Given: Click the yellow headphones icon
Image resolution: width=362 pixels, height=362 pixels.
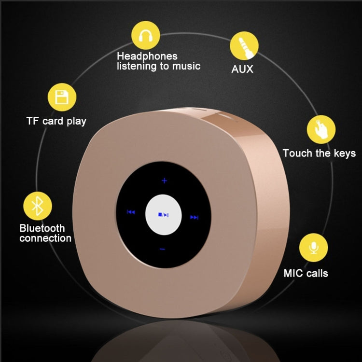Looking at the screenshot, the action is [x=146, y=35].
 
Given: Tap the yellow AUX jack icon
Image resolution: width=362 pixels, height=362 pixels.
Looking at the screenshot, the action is [x=244, y=46].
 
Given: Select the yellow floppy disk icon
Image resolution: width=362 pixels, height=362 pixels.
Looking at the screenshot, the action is [x=62, y=97].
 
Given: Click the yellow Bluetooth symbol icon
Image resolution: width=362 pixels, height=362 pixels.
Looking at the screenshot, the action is [x=38, y=206].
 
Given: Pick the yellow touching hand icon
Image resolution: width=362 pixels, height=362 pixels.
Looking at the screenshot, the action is [x=321, y=129].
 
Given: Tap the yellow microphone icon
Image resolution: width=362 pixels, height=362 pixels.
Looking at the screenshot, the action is [x=314, y=248].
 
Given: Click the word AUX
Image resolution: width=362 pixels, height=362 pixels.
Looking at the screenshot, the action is [x=242, y=69].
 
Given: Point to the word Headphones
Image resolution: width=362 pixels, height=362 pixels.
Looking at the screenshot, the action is [x=147, y=56].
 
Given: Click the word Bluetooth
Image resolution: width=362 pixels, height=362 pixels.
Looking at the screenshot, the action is [x=42, y=228].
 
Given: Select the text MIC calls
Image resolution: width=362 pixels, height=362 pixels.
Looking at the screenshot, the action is [x=306, y=273].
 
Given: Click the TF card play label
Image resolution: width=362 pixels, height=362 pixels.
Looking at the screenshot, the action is [x=56, y=121].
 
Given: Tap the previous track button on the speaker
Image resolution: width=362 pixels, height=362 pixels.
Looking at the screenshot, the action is [x=131, y=212].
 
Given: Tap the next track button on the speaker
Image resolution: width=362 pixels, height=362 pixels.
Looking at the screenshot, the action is [x=194, y=217].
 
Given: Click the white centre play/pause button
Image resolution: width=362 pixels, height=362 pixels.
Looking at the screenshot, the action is [x=164, y=215].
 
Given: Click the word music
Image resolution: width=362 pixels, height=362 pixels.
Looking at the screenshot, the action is [x=186, y=66].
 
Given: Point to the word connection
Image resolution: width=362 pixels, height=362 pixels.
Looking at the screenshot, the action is [x=45, y=238].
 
